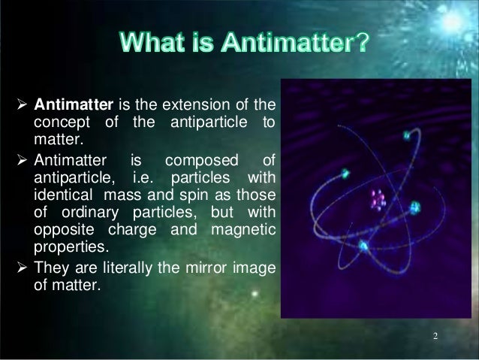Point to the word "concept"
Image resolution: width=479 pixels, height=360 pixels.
tap(59, 122)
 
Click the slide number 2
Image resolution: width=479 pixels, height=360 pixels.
tap(435, 332)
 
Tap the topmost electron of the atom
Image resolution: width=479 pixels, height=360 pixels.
tap(408, 135)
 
